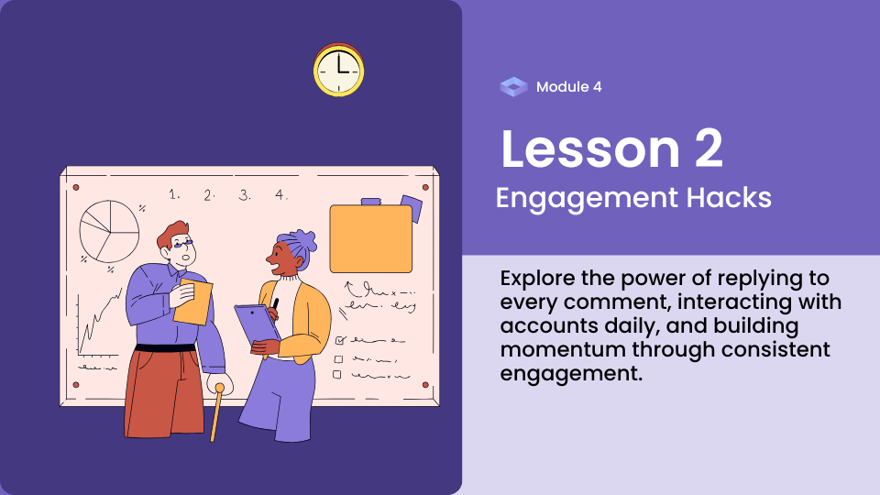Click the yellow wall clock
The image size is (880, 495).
coord(338,71)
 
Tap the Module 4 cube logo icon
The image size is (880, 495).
coord(513,87)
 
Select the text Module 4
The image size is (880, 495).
coord(568,87)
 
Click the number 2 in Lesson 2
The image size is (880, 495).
coord(709,148)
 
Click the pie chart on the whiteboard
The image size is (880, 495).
coord(109,231)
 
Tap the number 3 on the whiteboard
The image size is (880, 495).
coord(244,194)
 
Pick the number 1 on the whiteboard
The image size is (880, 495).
coord(174,194)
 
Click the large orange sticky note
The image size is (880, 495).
coord(371,238)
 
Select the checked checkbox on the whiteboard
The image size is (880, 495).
coord(340,340)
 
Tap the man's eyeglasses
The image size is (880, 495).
coord(183,244)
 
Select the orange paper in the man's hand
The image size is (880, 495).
coord(193,302)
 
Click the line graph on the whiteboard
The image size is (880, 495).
coord(99,325)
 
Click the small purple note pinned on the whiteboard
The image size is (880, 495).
coord(412,209)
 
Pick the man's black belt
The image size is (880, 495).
coord(165,348)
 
